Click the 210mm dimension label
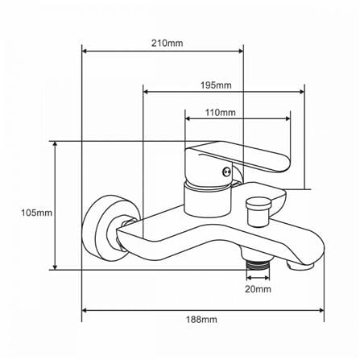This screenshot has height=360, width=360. (167, 43)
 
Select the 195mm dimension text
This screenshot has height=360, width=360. (216, 85)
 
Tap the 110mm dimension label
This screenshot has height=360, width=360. (221, 112)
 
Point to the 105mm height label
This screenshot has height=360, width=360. (37, 213)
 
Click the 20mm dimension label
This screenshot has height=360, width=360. (258, 289)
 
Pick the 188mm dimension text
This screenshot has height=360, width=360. (201, 320)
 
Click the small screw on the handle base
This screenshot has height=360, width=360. (226, 171)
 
